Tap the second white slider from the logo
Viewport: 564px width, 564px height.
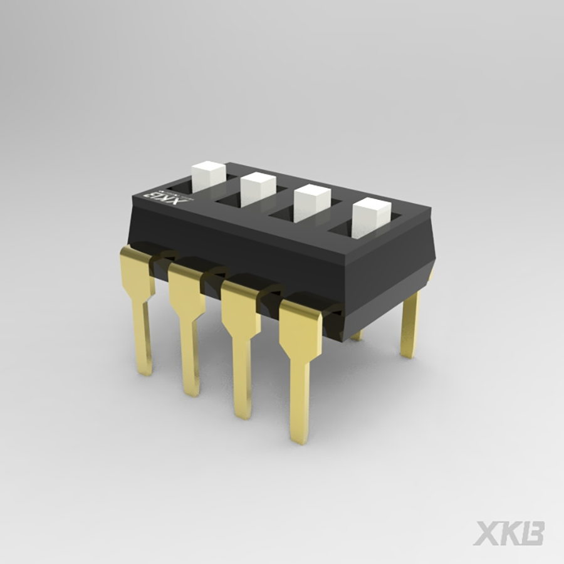[x=258, y=187]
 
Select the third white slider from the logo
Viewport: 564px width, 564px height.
[x=312, y=202]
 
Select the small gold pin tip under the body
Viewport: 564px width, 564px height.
[x=357, y=337]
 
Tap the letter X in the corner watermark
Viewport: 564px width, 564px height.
[x=487, y=533]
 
